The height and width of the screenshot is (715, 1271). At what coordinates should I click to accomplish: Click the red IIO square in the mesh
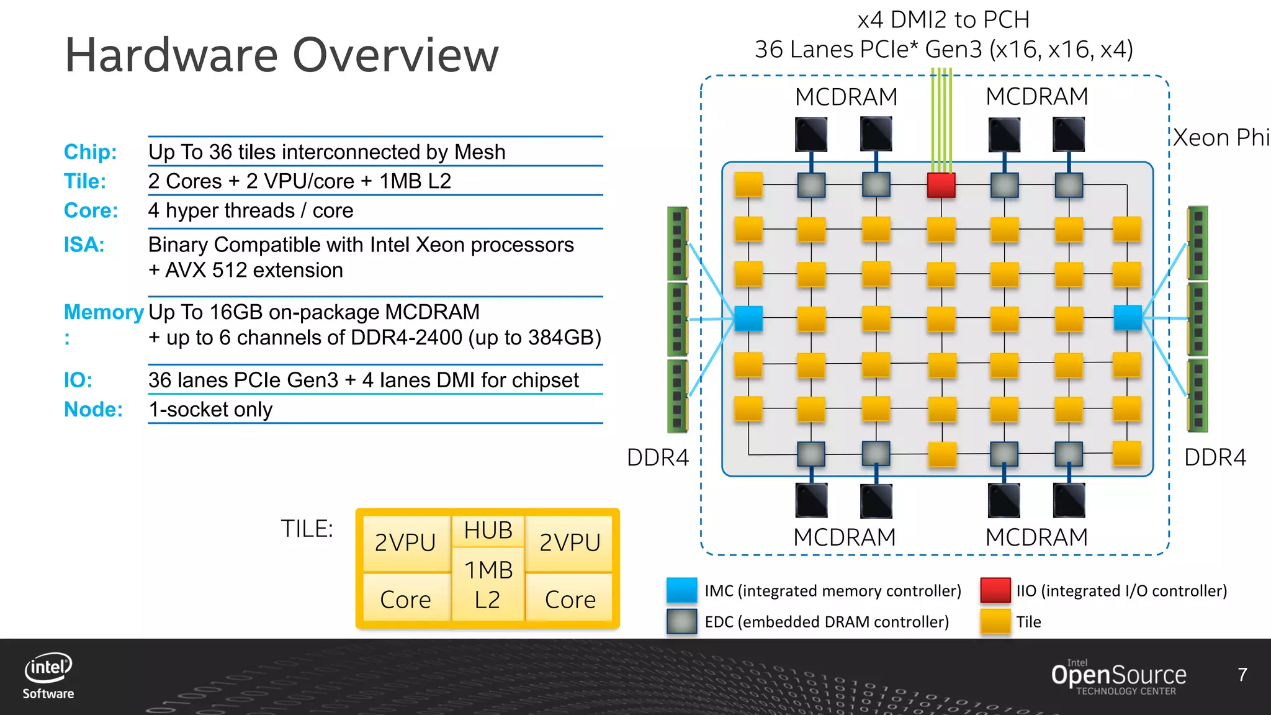click(x=941, y=185)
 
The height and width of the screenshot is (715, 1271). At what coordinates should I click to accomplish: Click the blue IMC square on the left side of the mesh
click(x=748, y=318)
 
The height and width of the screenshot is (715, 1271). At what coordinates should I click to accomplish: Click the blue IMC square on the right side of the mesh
click(x=1128, y=318)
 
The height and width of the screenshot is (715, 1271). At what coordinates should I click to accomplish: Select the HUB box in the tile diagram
click(x=488, y=531)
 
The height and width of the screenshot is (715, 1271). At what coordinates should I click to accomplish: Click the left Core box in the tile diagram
click(x=405, y=599)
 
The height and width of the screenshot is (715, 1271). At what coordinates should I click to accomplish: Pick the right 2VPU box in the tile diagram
click(x=569, y=542)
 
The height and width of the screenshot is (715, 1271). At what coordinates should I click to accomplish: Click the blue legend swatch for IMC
click(x=681, y=590)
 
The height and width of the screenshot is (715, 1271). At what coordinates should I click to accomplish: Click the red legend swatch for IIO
click(x=995, y=590)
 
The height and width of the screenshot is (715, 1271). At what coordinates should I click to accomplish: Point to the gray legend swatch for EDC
click(x=681, y=621)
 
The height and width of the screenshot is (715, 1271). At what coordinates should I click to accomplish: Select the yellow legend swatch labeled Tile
click(x=995, y=621)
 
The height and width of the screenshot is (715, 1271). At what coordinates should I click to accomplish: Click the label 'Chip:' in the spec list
click(x=90, y=152)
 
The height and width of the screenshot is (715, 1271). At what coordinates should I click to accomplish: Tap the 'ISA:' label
click(x=84, y=245)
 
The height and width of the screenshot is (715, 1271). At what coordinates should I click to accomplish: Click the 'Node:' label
click(x=93, y=410)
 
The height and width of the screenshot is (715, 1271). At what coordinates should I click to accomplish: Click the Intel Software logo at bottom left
click(x=48, y=677)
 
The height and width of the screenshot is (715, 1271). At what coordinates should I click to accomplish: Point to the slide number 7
click(x=1242, y=675)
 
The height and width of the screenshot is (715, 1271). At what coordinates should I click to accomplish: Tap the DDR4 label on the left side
click(x=658, y=457)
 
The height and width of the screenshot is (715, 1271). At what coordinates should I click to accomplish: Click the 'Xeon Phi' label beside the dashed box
click(x=1220, y=138)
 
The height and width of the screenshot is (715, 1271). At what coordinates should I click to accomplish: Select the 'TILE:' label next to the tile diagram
click(x=307, y=529)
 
